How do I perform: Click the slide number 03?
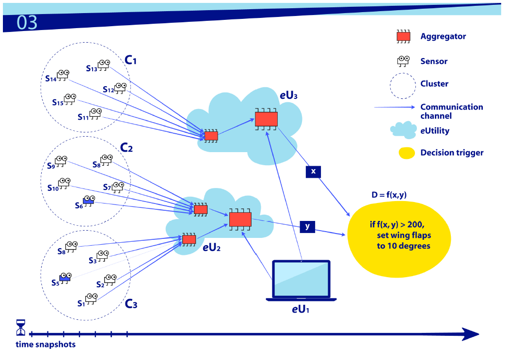[x=27, y=23]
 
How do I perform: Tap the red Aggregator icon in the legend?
[x=403, y=36]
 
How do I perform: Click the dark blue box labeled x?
[x=313, y=172]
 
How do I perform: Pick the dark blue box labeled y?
[x=307, y=226]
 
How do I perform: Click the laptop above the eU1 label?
[x=301, y=281]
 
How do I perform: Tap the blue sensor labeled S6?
[x=88, y=201]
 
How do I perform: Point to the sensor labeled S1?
[x=91, y=298]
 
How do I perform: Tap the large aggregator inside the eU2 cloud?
[x=240, y=219]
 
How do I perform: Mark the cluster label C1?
[x=131, y=60]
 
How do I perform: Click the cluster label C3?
[x=131, y=304]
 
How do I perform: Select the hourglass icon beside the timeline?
[x=20, y=327]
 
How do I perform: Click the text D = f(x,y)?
[x=388, y=195]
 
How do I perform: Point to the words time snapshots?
[x=46, y=345]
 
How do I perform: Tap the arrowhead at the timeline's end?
[x=470, y=334]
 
